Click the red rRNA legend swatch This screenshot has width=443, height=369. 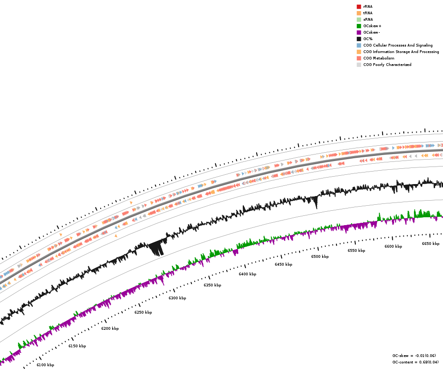[359, 6]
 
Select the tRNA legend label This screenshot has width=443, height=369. [367, 13]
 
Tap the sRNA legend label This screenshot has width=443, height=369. [368, 19]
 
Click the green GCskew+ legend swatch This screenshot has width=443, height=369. [359, 26]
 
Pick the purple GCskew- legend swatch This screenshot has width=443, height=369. [359, 32]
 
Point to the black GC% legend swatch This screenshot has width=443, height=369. [359, 39]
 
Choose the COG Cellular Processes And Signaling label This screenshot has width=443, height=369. [398, 45]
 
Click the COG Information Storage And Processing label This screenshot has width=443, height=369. [401, 52]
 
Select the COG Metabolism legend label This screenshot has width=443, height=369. [378, 58]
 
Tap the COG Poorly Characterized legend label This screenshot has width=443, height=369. [387, 65]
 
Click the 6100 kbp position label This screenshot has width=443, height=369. [45, 365]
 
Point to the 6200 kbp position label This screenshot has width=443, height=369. [110, 328]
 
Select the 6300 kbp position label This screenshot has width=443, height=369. [177, 298]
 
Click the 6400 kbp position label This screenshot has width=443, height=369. [247, 274]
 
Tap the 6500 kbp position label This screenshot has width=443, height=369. [320, 256]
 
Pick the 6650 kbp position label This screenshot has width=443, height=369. [431, 244]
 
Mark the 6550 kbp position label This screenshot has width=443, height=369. [356, 250]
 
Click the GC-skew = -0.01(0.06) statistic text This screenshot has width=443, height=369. [414, 356]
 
